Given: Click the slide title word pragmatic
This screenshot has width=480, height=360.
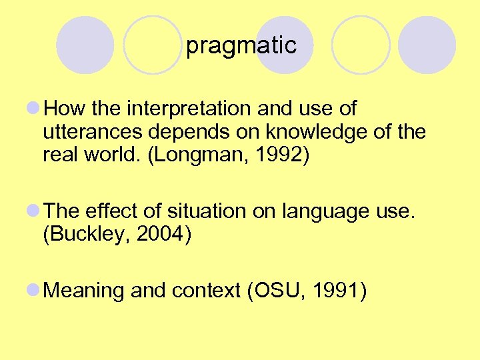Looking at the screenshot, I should pyautogui.click(x=241, y=46).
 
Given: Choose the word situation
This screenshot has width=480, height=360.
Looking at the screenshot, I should pyautogui.click(x=199, y=211).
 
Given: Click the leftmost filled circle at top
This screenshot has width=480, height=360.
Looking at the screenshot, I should pyautogui.click(x=85, y=45).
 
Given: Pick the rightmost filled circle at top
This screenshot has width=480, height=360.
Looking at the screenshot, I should pyautogui.click(x=427, y=45).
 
